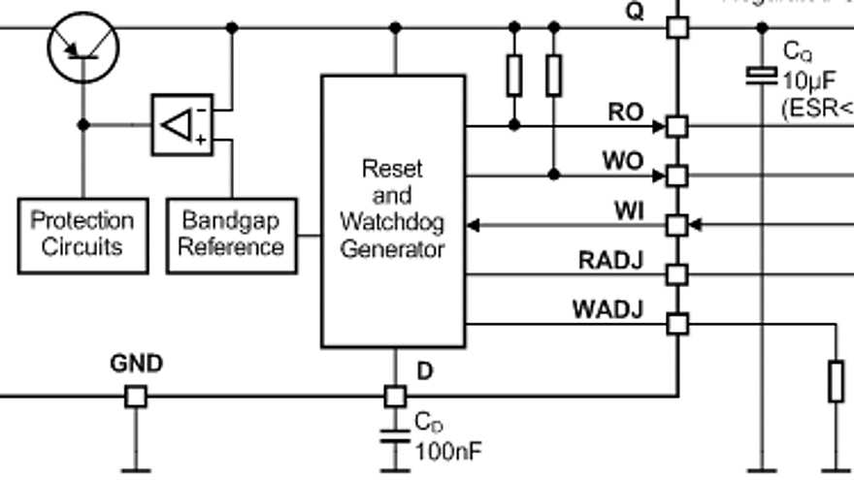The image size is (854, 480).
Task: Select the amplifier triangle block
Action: coord(181,125)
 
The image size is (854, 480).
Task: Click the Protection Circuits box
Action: coord(82,235)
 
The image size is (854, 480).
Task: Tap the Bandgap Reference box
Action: coord(231,235)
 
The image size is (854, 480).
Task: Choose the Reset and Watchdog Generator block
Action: coord(393,210)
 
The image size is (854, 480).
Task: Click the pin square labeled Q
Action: coord(677,27)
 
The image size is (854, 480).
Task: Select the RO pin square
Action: coord(677,126)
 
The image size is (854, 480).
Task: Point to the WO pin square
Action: coord(677,176)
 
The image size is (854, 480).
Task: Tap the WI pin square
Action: coord(677,225)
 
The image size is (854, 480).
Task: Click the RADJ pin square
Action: coord(677,274)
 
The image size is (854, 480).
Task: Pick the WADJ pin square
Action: coord(677,324)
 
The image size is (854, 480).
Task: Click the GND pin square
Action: coord(136,396)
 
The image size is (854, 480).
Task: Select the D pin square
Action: coord(394,396)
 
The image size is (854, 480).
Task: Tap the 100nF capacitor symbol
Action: coord(394,433)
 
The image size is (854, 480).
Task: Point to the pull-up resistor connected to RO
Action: coord(514,76)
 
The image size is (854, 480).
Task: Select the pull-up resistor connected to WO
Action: coord(553,76)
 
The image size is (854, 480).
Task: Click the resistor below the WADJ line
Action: coord(836,381)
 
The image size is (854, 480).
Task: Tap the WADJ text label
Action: coord(608,310)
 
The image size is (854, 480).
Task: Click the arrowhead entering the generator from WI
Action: coord(473,225)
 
